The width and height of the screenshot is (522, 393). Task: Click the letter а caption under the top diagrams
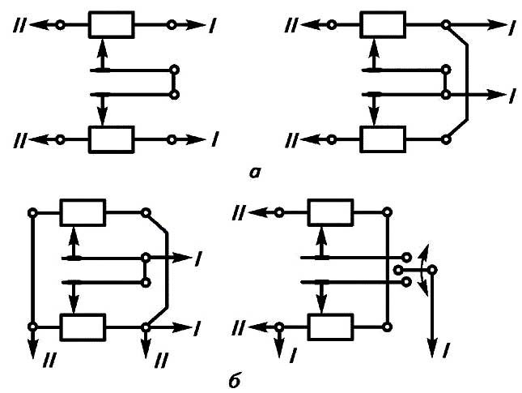coord(256,172)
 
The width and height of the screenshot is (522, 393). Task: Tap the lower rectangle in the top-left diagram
coord(110,139)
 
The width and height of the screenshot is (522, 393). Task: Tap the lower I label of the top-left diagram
coord(212,140)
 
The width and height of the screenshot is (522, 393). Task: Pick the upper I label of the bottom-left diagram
coord(197,258)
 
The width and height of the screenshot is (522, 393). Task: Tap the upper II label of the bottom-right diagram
coord(239,212)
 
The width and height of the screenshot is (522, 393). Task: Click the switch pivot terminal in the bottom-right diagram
coord(432,270)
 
